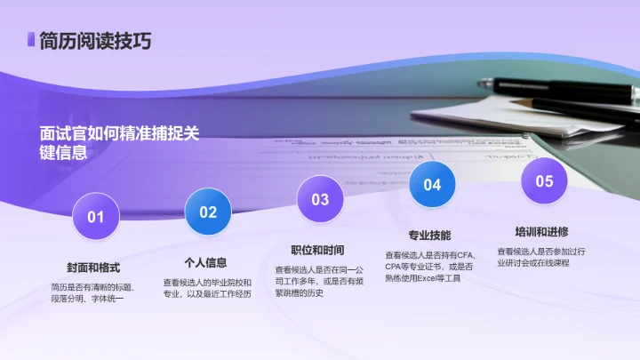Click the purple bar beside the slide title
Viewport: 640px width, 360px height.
tap(31, 40)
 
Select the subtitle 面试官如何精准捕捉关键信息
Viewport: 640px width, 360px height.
tap(120, 141)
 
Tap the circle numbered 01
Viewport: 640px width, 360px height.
tap(95, 216)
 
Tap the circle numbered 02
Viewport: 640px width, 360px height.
tap(207, 212)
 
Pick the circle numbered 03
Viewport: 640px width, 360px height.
tap(320, 198)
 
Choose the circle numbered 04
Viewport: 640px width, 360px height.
tap(432, 185)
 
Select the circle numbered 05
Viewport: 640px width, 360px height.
tap(544, 180)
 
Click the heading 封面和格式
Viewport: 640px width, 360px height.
tap(93, 268)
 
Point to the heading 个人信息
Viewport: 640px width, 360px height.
tap(205, 263)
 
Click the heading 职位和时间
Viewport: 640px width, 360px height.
tap(317, 250)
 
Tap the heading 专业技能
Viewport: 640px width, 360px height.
tap(429, 236)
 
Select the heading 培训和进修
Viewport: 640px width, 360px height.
tap(541, 231)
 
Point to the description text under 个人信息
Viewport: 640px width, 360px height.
tap(207, 288)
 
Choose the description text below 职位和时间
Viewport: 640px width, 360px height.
tap(318, 281)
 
